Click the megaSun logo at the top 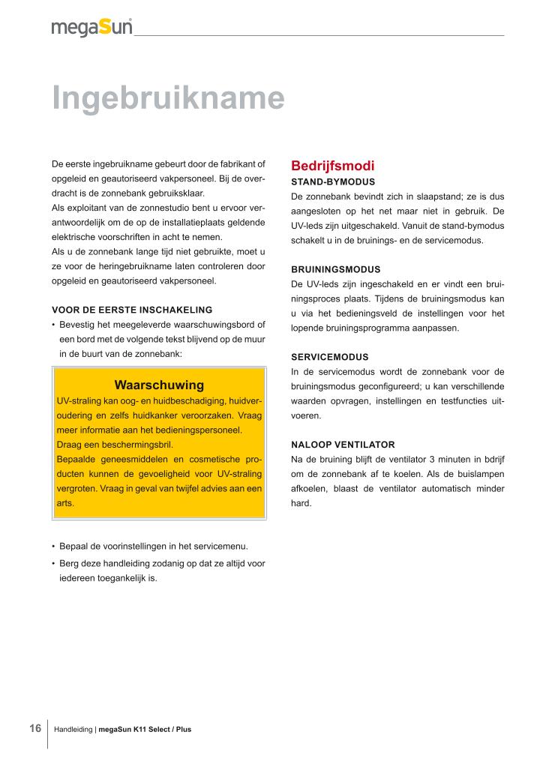tap(91, 27)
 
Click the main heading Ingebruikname tap(168, 98)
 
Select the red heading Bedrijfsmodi tap(332, 166)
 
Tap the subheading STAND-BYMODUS tap(332, 181)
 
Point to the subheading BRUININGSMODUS tap(335, 269)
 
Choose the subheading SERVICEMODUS tap(329, 357)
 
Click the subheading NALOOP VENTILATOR tap(343, 445)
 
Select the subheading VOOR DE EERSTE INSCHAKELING tap(132, 310)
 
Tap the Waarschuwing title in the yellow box tap(159, 385)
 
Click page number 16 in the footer tap(34, 728)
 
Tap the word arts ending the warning tap(65, 503)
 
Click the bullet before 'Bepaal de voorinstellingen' tap(53, 546)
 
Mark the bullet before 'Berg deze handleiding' tap(53, 564)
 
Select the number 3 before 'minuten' tap(431, 459)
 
